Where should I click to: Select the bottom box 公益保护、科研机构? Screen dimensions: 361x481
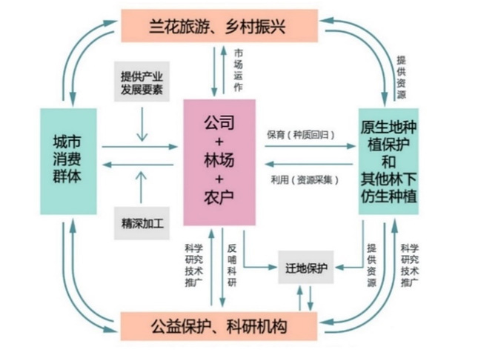219,326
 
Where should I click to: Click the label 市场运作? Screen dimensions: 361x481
238,70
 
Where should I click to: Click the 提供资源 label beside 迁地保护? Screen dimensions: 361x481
371,265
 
